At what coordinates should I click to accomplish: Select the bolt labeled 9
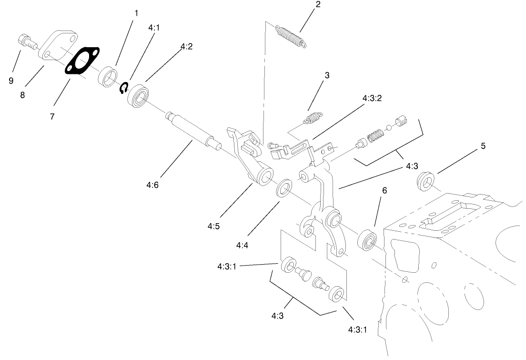coord(27,41)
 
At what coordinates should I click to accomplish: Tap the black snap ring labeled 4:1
coord(123,87)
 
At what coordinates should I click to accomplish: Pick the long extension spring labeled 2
coord(291,36)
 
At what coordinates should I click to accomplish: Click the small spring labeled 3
coord(313,117)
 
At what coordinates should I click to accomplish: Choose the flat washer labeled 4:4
coord(285,188)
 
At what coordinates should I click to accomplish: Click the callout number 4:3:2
coord(372,98)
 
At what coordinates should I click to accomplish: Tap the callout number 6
coord(384,190)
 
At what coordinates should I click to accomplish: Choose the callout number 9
coord(11,81)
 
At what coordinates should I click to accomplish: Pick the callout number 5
coord(483,146)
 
